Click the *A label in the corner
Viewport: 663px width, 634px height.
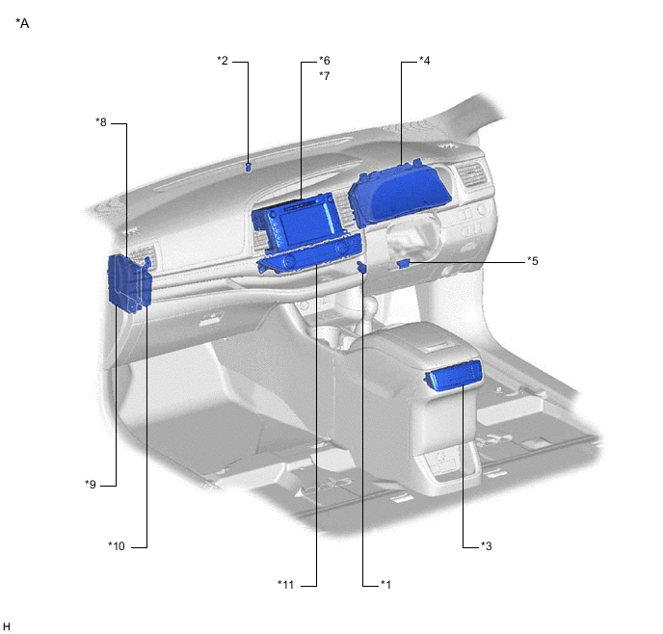(22, 23)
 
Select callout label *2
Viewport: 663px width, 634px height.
(223, 61)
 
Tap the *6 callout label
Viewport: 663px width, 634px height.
(325, 61)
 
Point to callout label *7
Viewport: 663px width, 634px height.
(325, 76)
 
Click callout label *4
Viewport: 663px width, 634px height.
(425, 61)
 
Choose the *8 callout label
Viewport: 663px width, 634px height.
(101, 122)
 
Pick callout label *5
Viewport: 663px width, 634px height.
(533, 261)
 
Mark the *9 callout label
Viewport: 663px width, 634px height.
(91, 484)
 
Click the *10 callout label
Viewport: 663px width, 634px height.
(117, 546)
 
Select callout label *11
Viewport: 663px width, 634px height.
(286, 585)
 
